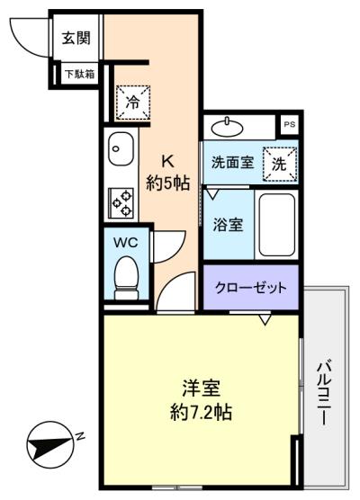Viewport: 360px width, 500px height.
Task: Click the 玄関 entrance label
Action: [76, 38]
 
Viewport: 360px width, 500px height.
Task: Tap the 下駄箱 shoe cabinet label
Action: [80, 75]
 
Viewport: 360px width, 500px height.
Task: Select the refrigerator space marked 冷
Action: [132, 103]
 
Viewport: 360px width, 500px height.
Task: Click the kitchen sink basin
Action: [121, 149]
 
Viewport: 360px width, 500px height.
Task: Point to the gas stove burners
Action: [121, 203]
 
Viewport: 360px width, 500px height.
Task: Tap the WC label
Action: [126, 243]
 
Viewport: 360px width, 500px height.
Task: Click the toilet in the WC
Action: [126, 278]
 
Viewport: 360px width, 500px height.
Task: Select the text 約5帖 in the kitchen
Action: [168, 183]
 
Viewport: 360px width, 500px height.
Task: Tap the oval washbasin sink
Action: [228, 129]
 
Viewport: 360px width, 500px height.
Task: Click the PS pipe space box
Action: [290, 125]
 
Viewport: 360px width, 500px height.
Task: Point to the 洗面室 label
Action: [233, 163]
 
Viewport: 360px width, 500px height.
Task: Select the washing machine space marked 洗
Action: [280, 165]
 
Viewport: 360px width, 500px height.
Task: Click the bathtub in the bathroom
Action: [276, 225]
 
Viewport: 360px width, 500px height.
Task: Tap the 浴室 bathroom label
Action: [228, 225]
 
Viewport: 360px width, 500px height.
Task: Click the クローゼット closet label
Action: [250, 288]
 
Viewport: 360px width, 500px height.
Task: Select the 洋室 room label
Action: [201, 388]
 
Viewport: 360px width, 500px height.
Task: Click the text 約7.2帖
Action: [201, 413]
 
